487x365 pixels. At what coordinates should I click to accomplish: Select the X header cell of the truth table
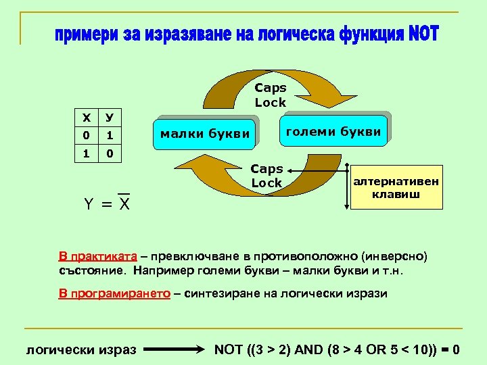click(x=86, y=118)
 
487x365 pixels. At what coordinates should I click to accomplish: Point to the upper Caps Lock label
click(x=271, y=95)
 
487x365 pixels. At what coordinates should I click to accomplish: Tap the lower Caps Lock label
click(x=266, y=176)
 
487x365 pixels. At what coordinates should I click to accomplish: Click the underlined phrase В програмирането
click(x=112, y=293)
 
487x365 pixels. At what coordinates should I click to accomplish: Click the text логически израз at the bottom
click(x=81, y=350)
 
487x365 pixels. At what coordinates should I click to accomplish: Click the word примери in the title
click(x=85, y=34)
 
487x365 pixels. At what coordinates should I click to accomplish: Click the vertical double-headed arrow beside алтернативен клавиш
click(x=347, y=184)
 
